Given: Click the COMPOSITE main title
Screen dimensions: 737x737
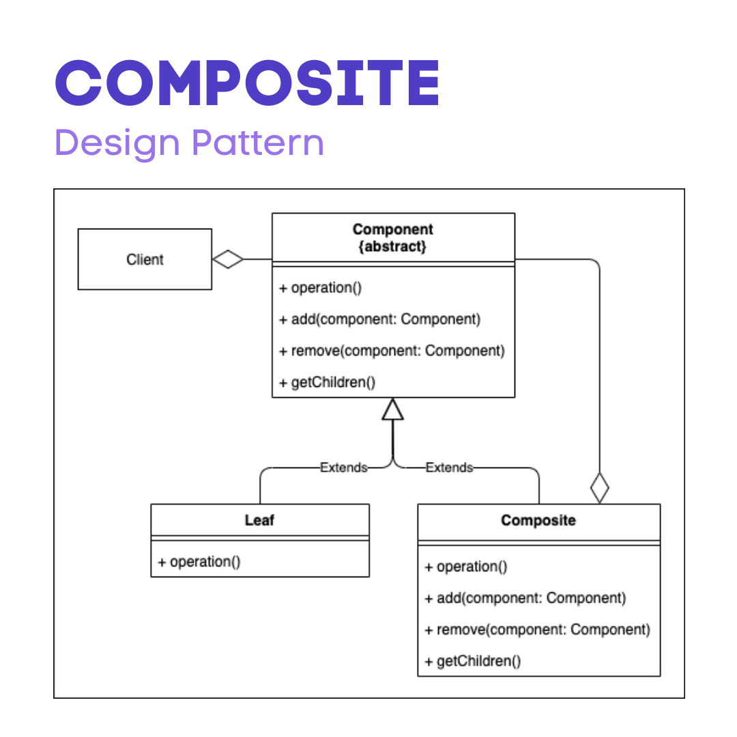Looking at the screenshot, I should click(247, 83).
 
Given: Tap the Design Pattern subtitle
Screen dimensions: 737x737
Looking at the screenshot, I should click(189, 143).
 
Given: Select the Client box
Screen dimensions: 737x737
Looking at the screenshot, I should click(145, 259).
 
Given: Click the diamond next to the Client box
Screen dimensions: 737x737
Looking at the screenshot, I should click(228, 259).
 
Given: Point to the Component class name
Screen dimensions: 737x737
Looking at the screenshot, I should click(392, 229).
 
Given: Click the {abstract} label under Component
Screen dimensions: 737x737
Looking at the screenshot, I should click(392, 246).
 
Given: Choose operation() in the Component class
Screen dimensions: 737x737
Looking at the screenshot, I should click(320, 288).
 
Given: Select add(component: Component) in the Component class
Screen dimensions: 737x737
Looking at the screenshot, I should click(379, 319).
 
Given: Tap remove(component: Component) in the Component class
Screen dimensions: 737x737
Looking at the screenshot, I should click(392, 351).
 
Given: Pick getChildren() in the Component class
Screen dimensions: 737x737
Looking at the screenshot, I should click(327, 382).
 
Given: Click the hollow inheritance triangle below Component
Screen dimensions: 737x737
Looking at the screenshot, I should click(393, 409).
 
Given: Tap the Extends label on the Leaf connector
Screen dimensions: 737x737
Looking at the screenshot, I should click(344, 468).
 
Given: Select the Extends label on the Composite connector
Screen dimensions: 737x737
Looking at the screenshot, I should click(449, 468).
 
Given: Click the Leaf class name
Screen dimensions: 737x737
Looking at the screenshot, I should click(259, 521).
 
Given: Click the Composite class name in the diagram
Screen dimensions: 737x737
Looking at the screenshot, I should click(538, 521).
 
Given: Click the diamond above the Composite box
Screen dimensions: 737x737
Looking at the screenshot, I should click(599, 487).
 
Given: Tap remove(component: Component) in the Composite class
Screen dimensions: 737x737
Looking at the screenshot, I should click(537, 629).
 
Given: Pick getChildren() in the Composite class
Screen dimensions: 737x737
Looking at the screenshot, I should click(472, 661).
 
